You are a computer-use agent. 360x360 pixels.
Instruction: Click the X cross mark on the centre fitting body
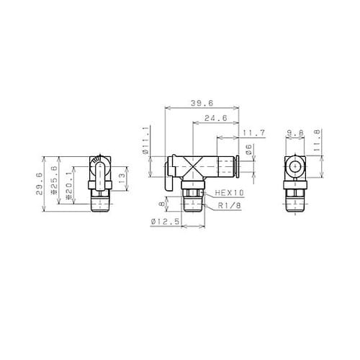click(x=194, y=168)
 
